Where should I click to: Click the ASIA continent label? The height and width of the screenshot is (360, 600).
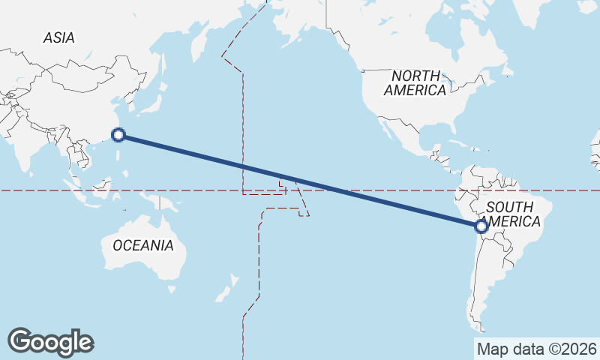click(x=58, y=37)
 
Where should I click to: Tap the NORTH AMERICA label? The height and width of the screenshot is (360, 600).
click(x=415, y=82)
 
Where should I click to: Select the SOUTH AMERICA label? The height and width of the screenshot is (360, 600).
click(x=512, y=214)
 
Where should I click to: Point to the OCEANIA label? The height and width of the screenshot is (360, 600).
click(x=142, y=245)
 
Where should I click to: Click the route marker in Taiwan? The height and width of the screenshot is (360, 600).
click(x=118, y=135)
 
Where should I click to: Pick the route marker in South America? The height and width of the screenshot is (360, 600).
click(x=481, y=225)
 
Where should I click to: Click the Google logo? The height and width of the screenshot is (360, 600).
click(x=50, y=341)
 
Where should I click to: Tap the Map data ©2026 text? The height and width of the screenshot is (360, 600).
click(x=536, y=349)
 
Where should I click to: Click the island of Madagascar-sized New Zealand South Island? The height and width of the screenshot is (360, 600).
click(x=222, y=294)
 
